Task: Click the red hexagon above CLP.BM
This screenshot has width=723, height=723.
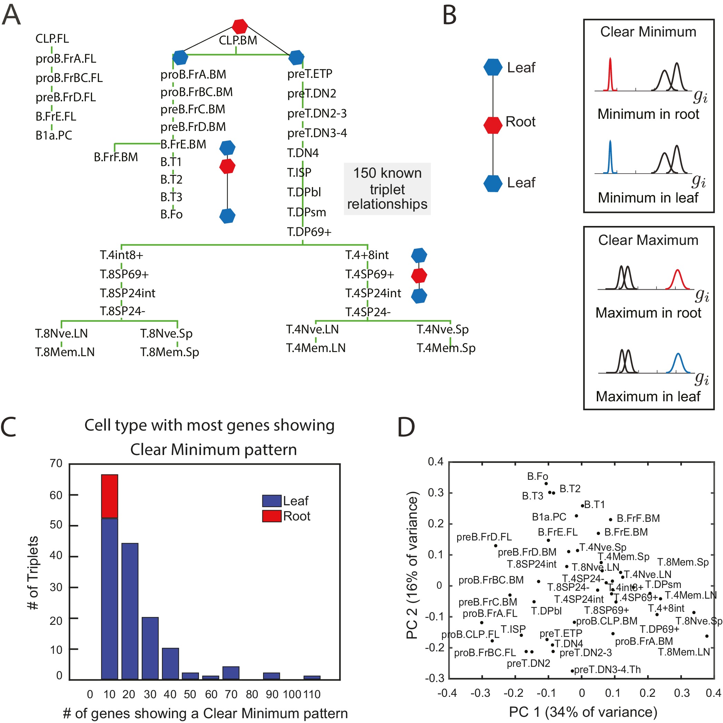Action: pos(239,26)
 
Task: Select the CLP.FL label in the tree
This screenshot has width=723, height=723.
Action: pos(52,39)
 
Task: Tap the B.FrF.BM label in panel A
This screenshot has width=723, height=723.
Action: pos(116,157)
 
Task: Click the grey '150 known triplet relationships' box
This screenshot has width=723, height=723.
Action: pos(387,189)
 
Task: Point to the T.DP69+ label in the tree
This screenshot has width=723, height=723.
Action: pos(309,232)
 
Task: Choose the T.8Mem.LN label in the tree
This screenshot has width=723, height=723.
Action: pos(65,352)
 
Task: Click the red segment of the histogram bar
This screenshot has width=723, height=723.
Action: pos(109,496)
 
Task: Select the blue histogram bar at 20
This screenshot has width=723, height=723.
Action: pos(130,611)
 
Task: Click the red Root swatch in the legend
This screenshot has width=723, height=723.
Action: pos(272,516)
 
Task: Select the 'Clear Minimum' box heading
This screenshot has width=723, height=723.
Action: pos(648,32)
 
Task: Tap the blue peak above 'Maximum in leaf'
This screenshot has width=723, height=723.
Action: pos(678,363)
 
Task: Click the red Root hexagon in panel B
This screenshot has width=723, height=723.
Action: pos(493,125)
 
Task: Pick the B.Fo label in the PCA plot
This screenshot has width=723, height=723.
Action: pos(537,476)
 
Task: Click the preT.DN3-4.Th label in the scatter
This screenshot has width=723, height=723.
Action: pos(607,670)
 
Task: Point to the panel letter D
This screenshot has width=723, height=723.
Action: pos(406,427)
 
